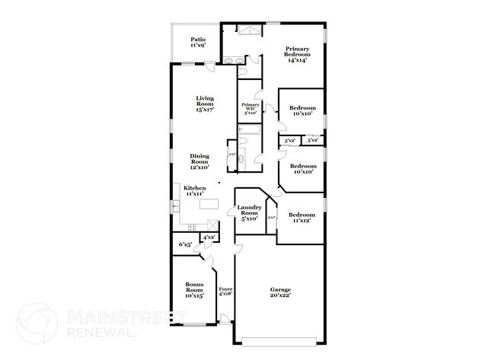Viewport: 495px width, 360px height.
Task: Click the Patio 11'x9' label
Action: (x=198, y=43)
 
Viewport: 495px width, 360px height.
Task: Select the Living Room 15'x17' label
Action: (x=204, y=104)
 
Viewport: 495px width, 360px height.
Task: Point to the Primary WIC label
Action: (x=251, y=108)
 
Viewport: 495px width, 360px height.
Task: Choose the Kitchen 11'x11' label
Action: (x=194, y=190)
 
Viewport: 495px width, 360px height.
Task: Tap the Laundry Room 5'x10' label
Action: (x=249, y=213)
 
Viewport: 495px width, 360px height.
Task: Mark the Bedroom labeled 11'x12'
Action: (x=302, y=218)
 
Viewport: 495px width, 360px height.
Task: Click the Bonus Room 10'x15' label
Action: (x=194, y=290)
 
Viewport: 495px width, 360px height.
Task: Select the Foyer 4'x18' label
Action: (x=225, y=292)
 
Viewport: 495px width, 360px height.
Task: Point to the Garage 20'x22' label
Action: (x=280, y=292)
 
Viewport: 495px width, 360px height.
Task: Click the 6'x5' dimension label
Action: (x=184, y=244)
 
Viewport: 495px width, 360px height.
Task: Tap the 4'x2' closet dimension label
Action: (x=208, y=238)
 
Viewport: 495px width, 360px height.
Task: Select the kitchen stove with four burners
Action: (x=192, y=226)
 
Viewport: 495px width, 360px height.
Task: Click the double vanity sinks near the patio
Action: (x=235, y=61)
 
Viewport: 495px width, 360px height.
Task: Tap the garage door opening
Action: (x=279, y=339)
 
